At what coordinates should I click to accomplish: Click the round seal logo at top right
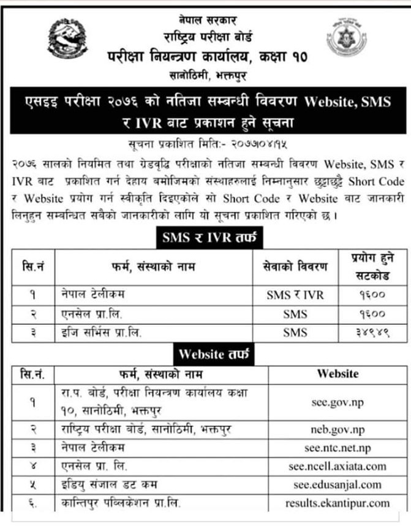pos(346,37)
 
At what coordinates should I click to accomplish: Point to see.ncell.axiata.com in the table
pos(337,466)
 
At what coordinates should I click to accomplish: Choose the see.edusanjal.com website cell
pos(337,485)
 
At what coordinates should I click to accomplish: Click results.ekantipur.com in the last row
pos(337,503)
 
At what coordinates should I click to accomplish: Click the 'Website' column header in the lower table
pos(337,373)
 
